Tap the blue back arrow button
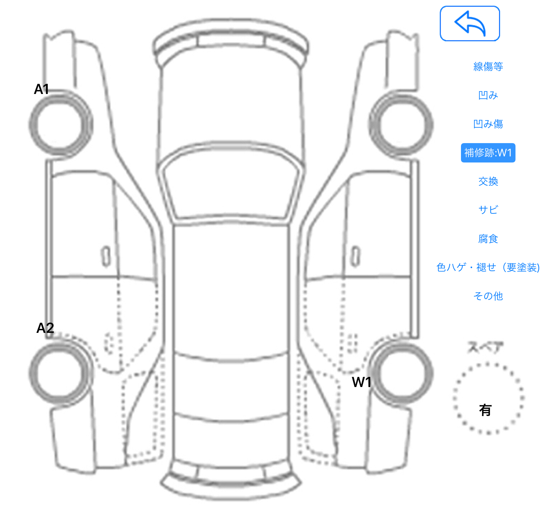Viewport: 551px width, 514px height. (x=470, y=23)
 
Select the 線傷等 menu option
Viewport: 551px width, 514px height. (x=488, y=66)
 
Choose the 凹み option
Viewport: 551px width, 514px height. (x=488, y=95)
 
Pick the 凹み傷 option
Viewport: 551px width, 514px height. (x=488, y=124)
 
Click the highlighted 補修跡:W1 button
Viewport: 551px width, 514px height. (x=488, y=153)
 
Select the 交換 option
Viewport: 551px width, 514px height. (x=488, y=181)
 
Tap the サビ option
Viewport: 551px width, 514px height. (x=488, y=210)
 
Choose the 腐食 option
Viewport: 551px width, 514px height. (x=488, y=239)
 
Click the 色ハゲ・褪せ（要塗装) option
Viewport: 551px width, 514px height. (x=488, y=267)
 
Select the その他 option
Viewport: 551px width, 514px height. (x=488, y=296)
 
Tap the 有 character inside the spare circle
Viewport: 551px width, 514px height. (x=485, y=410)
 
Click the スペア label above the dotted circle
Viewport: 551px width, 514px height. (x=485, y=347)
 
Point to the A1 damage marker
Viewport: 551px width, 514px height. (x=41, y=89)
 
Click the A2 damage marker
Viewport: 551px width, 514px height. (x=45, y=328)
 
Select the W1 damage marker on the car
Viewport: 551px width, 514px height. (x=362, y=382)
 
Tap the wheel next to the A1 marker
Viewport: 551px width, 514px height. (x=61, y=124)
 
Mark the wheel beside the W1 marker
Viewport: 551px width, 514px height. (x=401, y=373)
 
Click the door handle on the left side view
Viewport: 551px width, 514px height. (x=106, y=256)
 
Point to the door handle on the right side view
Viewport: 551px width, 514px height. (x=355, y=256)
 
